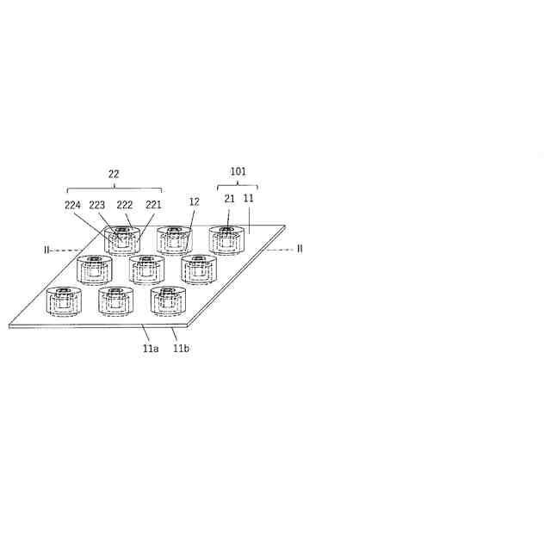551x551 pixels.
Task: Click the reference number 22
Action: pos(114,174)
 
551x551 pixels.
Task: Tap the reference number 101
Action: pos(238,171)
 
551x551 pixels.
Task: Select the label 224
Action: pos(73,205)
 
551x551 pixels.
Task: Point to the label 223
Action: pos(97,205)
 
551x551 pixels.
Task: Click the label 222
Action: pos(125,205)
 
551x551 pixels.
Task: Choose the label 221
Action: pos(152,205)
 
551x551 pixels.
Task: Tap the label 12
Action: pos(194,201)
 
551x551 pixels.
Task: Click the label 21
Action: pos(229,199)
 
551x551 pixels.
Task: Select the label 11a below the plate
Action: pos(151,348)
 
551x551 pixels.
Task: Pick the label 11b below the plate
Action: pos(181,348)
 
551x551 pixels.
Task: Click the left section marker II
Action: pos(47,250)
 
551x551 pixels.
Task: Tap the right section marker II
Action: pos(300,249)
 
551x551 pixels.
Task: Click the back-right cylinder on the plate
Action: pos(226,240)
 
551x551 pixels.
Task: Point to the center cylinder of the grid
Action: pos(147,269)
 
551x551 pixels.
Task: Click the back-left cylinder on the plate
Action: pos(121,240)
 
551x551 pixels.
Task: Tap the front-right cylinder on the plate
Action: pos(168,300)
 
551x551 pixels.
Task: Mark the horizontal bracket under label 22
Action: pos(115,189)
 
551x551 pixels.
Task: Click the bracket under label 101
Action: pos(237,185)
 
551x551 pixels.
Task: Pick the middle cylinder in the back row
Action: pos(174,240)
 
